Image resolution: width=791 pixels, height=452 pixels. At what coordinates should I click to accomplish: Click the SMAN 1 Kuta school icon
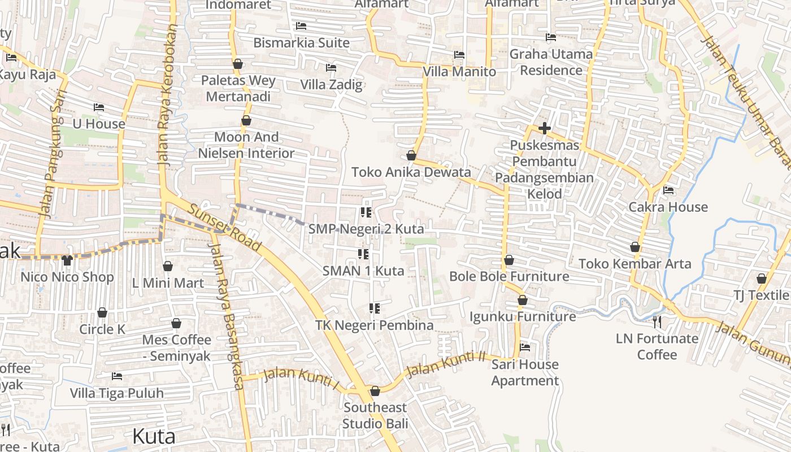[x=363, y=254]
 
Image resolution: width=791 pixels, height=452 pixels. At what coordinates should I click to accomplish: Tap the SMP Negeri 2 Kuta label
[x=366, y=229]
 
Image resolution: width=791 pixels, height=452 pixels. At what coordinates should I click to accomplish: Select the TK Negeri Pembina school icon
[x=374, y=308]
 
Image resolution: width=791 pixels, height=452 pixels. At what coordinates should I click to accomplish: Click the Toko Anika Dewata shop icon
[x=411, y=155]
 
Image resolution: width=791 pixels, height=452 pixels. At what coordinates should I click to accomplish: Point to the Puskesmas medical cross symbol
[x=545, y=128]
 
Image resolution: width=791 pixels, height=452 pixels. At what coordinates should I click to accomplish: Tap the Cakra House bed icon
[x=668, y=190]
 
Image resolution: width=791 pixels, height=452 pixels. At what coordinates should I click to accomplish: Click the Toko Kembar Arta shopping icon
[x=635, y=247]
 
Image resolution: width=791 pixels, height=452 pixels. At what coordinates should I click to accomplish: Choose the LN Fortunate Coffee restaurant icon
[x=657, y=322]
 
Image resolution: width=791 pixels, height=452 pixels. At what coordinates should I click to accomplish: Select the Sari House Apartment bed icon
[x=525, y=347]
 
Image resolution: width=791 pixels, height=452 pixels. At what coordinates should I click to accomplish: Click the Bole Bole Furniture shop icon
[x=509, y=260]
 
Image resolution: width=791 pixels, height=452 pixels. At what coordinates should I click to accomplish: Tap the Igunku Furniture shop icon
[x=523, y=300]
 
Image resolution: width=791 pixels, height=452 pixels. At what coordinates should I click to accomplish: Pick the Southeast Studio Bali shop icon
[x=375, y=391]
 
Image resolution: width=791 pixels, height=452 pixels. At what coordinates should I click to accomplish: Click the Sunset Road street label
[x=225, y=227]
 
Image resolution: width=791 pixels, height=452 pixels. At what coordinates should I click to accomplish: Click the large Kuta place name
[x=154, y=436]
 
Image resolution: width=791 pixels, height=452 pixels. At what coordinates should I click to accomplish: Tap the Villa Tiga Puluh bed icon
[x=117, y=376]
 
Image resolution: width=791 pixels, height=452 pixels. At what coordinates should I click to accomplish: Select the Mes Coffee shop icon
[x=176, y=323]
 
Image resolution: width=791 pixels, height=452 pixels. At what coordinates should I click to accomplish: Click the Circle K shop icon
[x=102, y=312]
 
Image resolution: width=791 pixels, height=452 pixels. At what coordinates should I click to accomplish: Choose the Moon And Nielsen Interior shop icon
[x=246, y=120]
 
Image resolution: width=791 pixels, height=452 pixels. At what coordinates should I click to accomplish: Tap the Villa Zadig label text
[x=331, y=85]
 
